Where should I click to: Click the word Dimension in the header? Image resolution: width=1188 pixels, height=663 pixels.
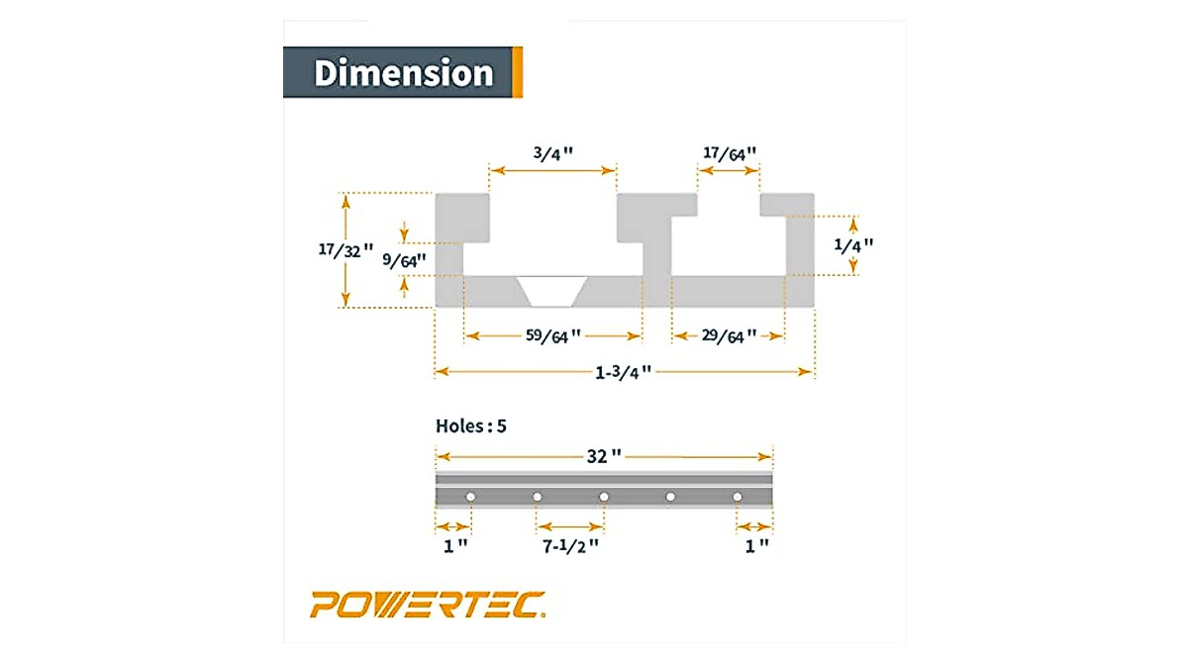(x=403, y=73)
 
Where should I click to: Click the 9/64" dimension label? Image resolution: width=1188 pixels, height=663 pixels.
(x=405, y=260)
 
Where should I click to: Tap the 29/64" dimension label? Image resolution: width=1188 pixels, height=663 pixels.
(x=729, y=335)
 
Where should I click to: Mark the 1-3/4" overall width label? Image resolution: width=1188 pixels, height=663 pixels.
(x=624, y=371)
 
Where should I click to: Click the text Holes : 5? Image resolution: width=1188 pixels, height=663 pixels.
(x=471, y=426)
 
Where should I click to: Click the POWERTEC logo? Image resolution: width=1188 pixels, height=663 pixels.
(x=428, y=604)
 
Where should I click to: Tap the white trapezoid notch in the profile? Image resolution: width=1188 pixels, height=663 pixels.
(x=552, y=290)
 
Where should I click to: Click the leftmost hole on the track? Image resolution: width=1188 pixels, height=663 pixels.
(x=471, y=496)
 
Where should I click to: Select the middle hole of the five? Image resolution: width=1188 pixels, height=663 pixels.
(x=604, y=496)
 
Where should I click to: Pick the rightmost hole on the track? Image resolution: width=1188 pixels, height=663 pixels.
(x=737, y=496)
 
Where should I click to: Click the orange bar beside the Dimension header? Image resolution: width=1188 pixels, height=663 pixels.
(x=518, y=72)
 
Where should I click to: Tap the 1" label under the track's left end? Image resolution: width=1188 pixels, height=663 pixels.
(x=453, y=545)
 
